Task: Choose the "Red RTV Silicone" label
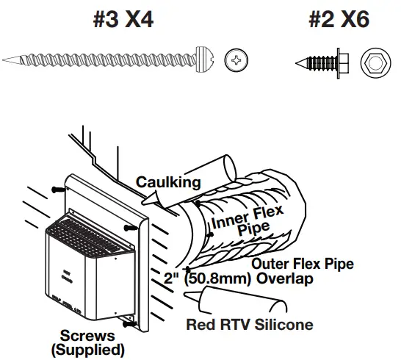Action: point(250,325)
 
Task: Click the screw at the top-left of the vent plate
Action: point(57,189)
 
